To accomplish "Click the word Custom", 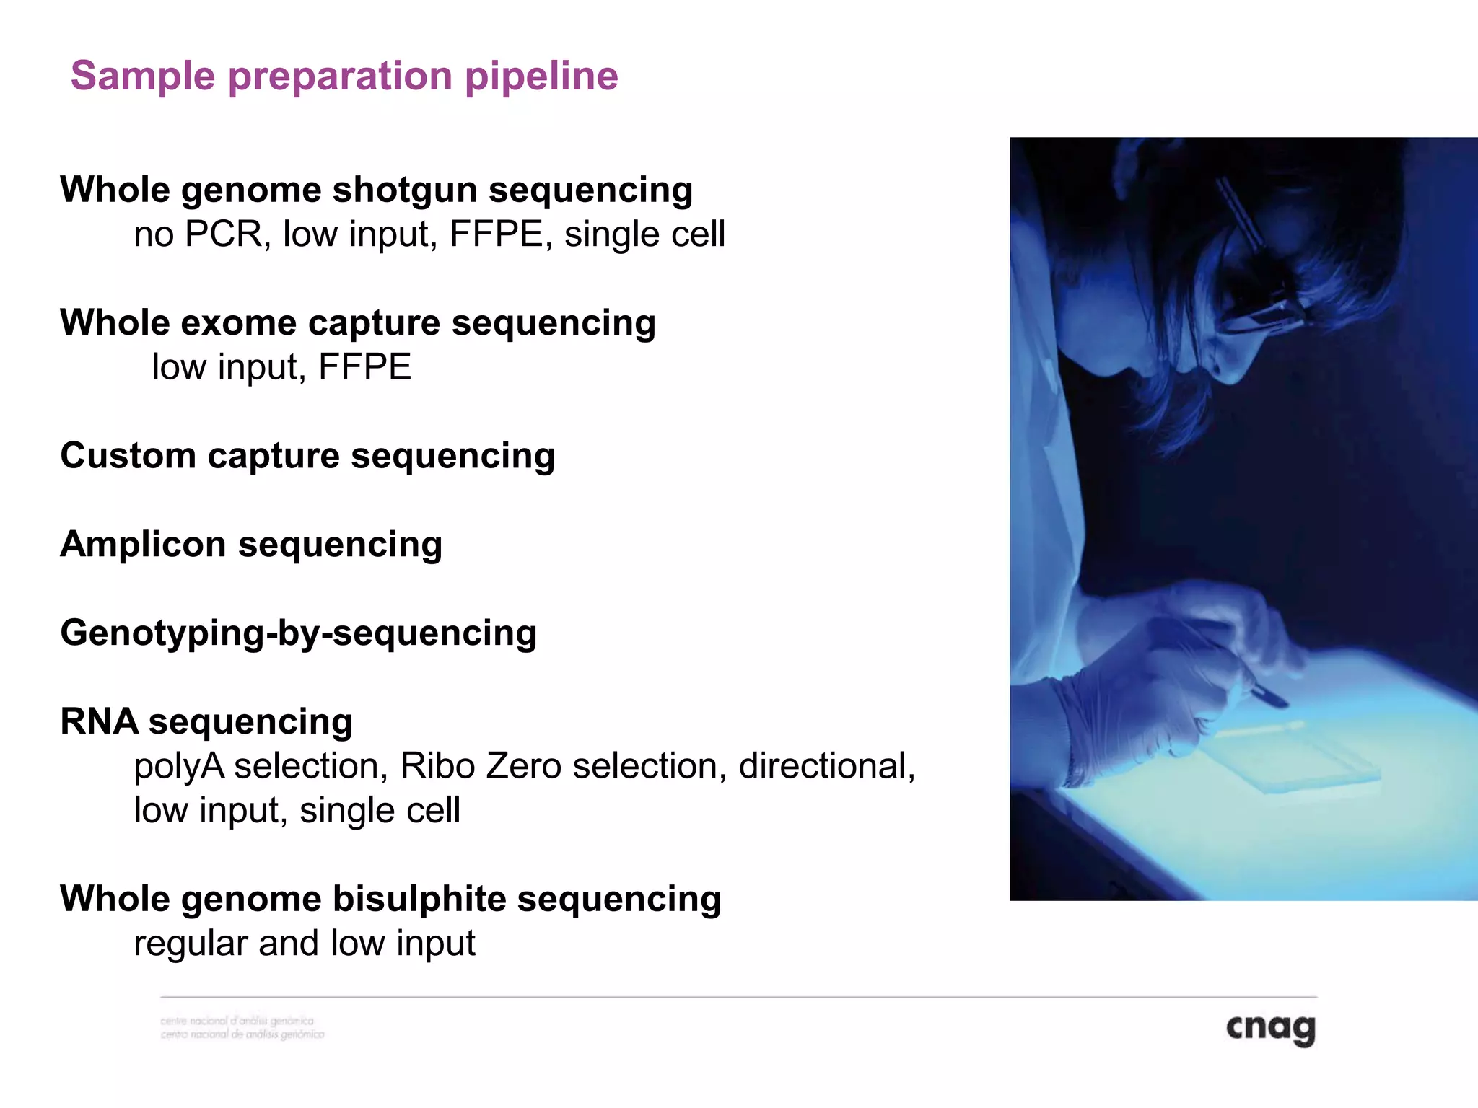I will click(128, 456).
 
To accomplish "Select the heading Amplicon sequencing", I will click(251, 545).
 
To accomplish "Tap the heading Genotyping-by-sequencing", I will click(298, 633).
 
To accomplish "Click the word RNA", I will click(99, 721).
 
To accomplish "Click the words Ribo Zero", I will click(481, 766).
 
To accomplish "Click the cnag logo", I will click(1270, 1028).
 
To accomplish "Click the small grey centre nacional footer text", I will click(242, 1028).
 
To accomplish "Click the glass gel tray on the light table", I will click(1292, 757).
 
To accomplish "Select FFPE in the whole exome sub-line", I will click(364, 367).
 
